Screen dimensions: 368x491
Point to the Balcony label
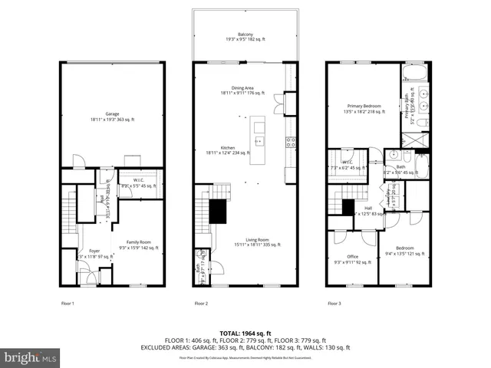pos(245,36)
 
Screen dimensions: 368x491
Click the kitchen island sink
pos(259,141)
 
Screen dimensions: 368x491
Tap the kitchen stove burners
pos(290,141)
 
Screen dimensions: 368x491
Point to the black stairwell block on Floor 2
pos(217,209)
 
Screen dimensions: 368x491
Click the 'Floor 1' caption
pos(68,304)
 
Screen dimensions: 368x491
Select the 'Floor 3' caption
pos(334,304)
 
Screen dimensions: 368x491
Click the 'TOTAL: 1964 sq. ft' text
pos(245,333)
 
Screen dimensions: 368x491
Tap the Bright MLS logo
pos(31,357)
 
